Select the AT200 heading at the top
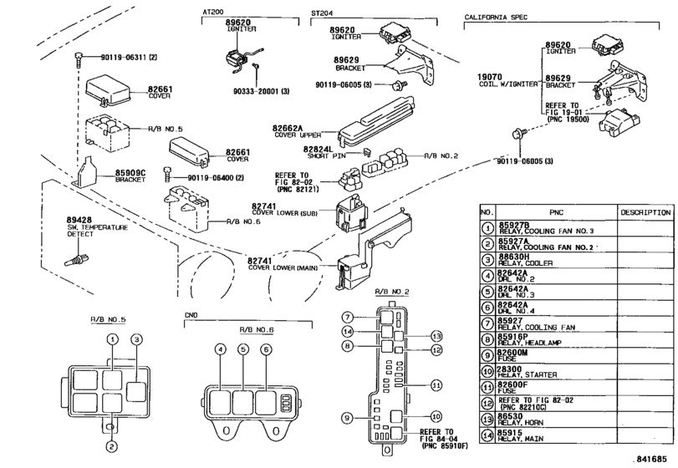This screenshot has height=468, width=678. (214, 13)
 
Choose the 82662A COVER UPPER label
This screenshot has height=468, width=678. (289, 128)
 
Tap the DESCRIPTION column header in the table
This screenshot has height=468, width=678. (643, 213)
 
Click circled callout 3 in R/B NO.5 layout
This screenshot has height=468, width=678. (134, 338)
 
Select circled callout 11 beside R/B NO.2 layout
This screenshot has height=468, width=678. (436, 384)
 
